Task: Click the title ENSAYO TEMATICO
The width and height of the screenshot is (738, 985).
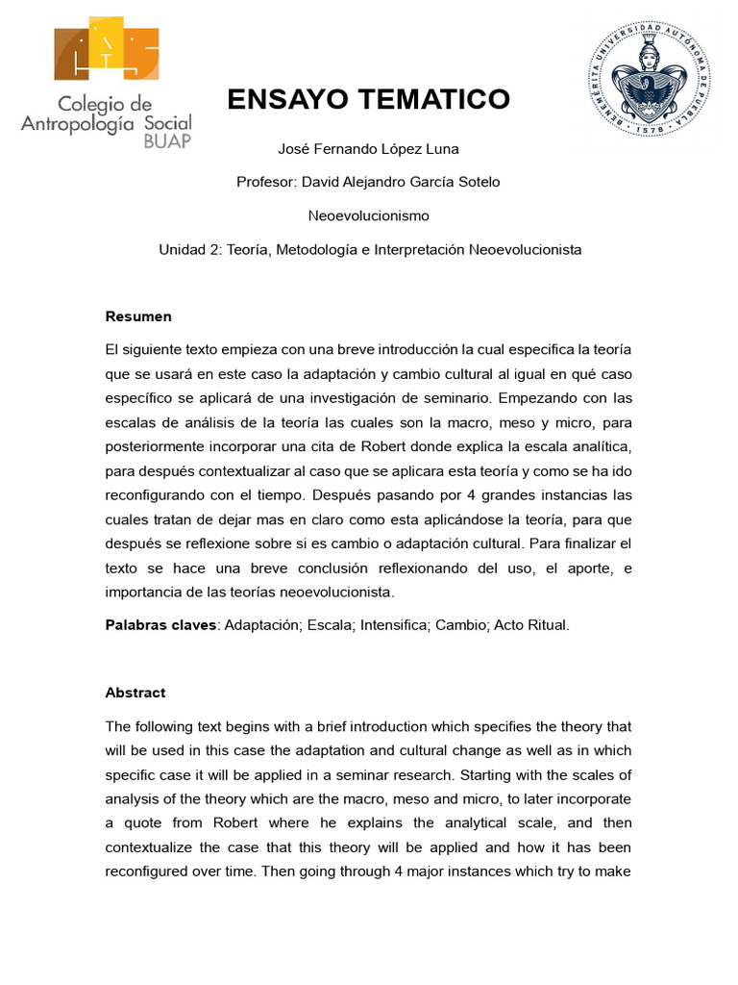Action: [x=368, y=99]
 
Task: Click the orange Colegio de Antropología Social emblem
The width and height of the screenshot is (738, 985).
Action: [x=107, y=49]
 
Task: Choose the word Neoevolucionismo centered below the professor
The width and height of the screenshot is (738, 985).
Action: [x=368, y=215]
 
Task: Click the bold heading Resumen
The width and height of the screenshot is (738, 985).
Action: [x=138, y=316]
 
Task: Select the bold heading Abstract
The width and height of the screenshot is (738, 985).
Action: [x=135, y=693]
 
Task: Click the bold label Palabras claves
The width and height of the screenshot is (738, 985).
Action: [x=161, y=625]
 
